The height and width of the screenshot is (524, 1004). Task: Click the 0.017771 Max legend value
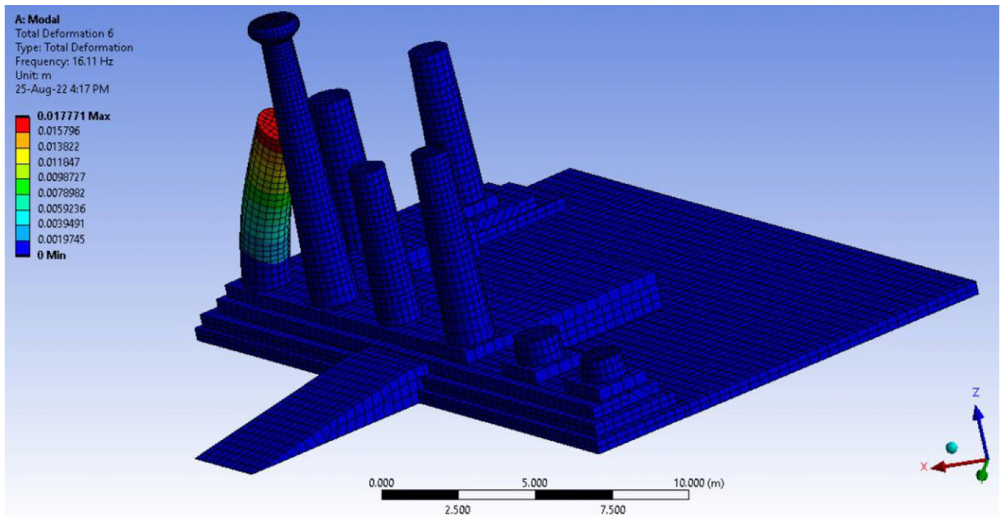(x=74, y=116)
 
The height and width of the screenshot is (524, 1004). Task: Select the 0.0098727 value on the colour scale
(x=61, y=177)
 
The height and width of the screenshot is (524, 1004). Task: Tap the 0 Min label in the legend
(x=51, y=255)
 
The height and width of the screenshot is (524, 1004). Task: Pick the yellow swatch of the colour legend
(x=23, y=156)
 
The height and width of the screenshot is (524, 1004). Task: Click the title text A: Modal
(x=37, y=19)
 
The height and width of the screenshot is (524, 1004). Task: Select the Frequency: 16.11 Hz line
(x=64, y=61)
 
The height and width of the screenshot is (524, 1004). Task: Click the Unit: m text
(x=33, y=75)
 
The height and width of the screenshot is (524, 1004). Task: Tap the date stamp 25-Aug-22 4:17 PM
(x=62, y=89)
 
